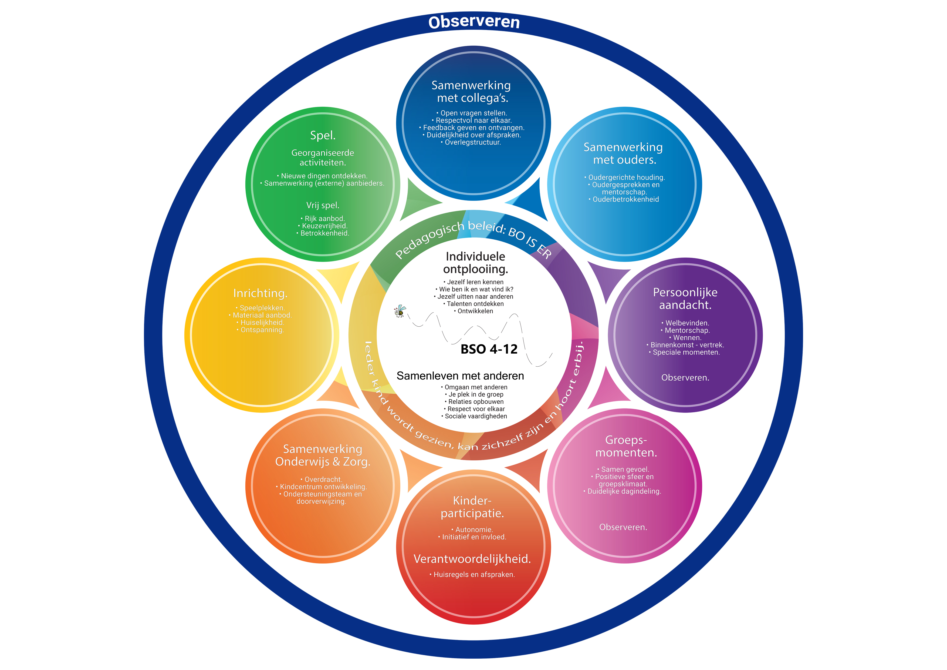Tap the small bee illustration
tap(400, 311)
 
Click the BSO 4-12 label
tap(489, 349)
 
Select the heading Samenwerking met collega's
tap(471, 92)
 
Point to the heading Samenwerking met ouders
tap(623, 153)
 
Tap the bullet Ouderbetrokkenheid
tap(626, 199)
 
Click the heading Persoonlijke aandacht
tap(685, 299)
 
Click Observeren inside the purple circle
tap(685, 377)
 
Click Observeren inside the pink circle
tap(623, 527)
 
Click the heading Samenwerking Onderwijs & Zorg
tap(323, 455)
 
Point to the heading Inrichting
tap(260, 293)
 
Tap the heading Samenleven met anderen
tap(460, 376)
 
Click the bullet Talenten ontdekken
tap(475, 304)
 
